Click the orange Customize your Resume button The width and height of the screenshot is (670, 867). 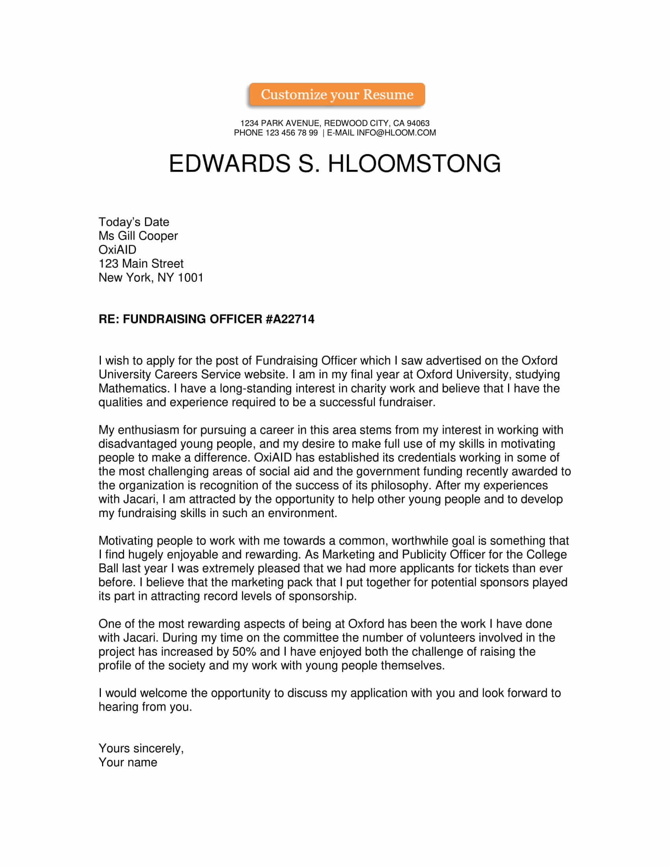(x=337, y=95)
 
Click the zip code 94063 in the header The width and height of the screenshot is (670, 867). (x=418, y=123)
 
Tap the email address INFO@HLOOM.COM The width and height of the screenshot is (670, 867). (x=396, y=133)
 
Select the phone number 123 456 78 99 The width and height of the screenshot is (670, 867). (x=291, y=133)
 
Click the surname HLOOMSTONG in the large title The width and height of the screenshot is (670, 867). (x=414, y=163)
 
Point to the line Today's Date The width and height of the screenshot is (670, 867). (x=134, y=222)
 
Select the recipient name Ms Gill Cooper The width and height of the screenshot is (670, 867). (x=138, y=236)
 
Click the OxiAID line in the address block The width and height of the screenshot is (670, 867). (x=117, y=250)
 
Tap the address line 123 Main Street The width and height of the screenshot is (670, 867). (x=141, y=264)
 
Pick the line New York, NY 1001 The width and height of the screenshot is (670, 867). (x=151, y=277)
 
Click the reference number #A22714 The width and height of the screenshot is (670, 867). (x=290, y=319)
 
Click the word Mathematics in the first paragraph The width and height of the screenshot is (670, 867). (x=134, y=388)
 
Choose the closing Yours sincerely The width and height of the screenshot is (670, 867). (x=141, y=749)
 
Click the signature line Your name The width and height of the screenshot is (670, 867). (x=128, y=763)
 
